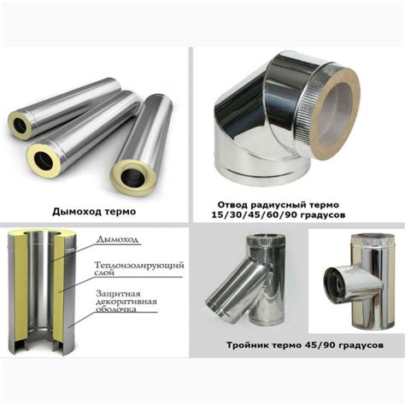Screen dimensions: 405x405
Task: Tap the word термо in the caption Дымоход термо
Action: (x=120, y=212)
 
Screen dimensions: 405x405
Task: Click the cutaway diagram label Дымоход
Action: (x=117, y=239)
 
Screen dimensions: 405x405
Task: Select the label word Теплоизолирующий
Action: (x=139, y=266)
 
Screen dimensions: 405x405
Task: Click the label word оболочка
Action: (x=115, y=309)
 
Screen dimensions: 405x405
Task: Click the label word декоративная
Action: (x=126, y=302)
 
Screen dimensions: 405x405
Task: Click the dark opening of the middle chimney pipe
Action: (x=44, y=159)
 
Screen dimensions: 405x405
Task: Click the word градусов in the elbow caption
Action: (x=325, y=215)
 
